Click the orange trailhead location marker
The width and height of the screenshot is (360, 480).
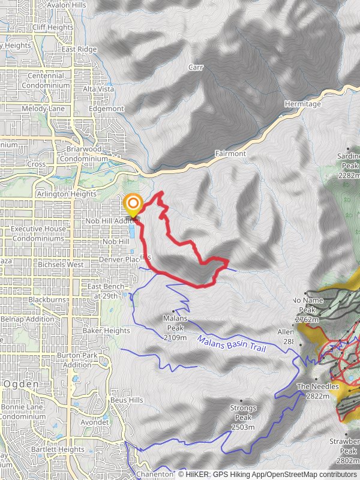pyautogui.click(x=133, y=205)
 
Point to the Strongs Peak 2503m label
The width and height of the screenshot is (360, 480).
pyautogui.click(x=243, y=417)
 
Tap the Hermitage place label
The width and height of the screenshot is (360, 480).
pyautogui.click(x=303, y=104)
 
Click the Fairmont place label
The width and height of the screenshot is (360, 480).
pyautogui.click(x=230, y=154)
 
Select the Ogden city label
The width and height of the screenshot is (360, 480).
pyautogui.click(x=20, y=384)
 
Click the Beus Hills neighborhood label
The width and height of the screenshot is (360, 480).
pyautogui.click(x=126, y=400)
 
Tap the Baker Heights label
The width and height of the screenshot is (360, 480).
pyautogui.click(x=106, y=331)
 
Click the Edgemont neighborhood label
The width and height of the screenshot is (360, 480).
pyautogui.click(x=106, y=109)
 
